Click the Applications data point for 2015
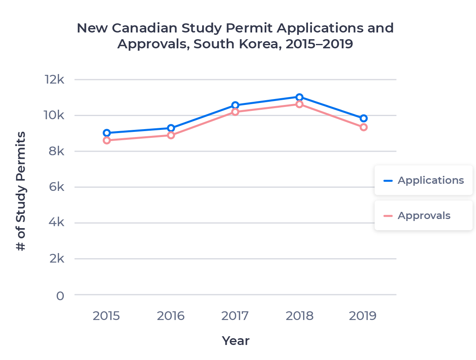[x=107, y=133]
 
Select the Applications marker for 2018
[x=299, y=97]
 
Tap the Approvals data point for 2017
[x=235, y=112]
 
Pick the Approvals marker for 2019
[x=363, y=127]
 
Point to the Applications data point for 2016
[x=171, y=128]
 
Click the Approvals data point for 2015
[x=107, y=140]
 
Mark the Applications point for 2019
[x=363, y=118]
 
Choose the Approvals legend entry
[x=423, y=216]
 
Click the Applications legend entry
[x=423, y=180]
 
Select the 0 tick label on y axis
[x=60, y=296]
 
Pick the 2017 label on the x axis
[x=235, y=316]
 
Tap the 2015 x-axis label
[x=107, y=316]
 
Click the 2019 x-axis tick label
[x=363, y=316]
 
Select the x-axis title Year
[x=235, y=341]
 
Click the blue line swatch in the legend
[x=388, y=181]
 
